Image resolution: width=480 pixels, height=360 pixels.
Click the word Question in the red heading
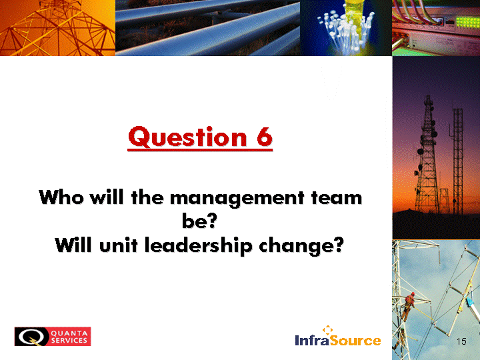coord(187,137)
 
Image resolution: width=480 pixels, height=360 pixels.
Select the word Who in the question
coord(61,197)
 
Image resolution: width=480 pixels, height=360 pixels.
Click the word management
coord(237,199)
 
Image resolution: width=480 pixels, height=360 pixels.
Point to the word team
coord(337,197)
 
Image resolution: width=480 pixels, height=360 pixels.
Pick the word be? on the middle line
coord(199,220)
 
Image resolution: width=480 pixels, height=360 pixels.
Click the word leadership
coord(199,246)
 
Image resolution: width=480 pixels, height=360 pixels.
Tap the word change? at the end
coord(301,246)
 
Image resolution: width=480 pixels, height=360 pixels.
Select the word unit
coord(119,245)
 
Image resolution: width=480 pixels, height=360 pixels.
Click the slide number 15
coord(461,341)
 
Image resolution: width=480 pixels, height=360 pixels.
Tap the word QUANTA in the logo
coord(69,333)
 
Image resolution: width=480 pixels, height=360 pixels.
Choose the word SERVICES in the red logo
coord(69,341)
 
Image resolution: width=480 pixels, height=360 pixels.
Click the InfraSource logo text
coord(337,341)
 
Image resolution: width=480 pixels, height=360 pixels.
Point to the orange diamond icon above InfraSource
coord(327,330)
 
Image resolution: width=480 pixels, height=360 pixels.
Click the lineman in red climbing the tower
coord(408,305)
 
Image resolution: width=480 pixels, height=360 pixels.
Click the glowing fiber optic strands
coord(346,28)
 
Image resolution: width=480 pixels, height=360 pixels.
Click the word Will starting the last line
coord(73,245)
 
